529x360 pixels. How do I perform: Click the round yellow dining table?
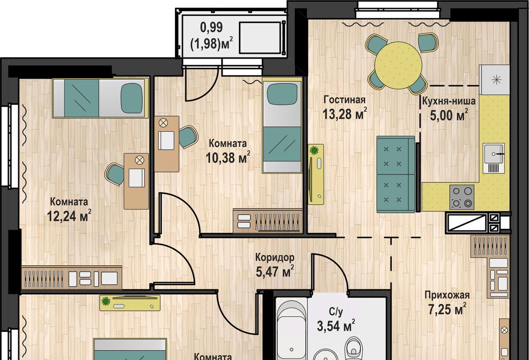[x=398, y=65]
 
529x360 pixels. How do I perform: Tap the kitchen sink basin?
[x=494, y=154]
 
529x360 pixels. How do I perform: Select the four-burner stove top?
[x=462, y=197]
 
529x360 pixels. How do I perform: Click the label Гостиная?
[x=345, y=100]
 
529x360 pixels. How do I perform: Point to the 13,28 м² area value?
[x=345, y=114]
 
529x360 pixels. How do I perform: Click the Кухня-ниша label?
[x=448, y=101]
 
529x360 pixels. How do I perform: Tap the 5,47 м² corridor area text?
[x=275, y=271]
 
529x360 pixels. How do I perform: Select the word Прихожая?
[x=447, y=295]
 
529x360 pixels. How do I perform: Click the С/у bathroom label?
[x=335, y=312]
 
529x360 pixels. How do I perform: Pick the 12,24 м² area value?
[x=69, y=215]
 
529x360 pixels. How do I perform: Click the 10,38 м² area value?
[x=227, y=157]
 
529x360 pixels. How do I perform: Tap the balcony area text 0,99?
[x=211, y=27]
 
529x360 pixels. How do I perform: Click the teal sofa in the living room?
[x=395, y=174]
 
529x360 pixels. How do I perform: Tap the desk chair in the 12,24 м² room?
[x=115, y=174]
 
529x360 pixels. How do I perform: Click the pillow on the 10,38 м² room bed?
[x=282, y=94]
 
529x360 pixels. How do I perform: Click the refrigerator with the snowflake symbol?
[x=494, y=80]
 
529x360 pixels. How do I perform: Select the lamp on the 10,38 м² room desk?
[x=163, y=123]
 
